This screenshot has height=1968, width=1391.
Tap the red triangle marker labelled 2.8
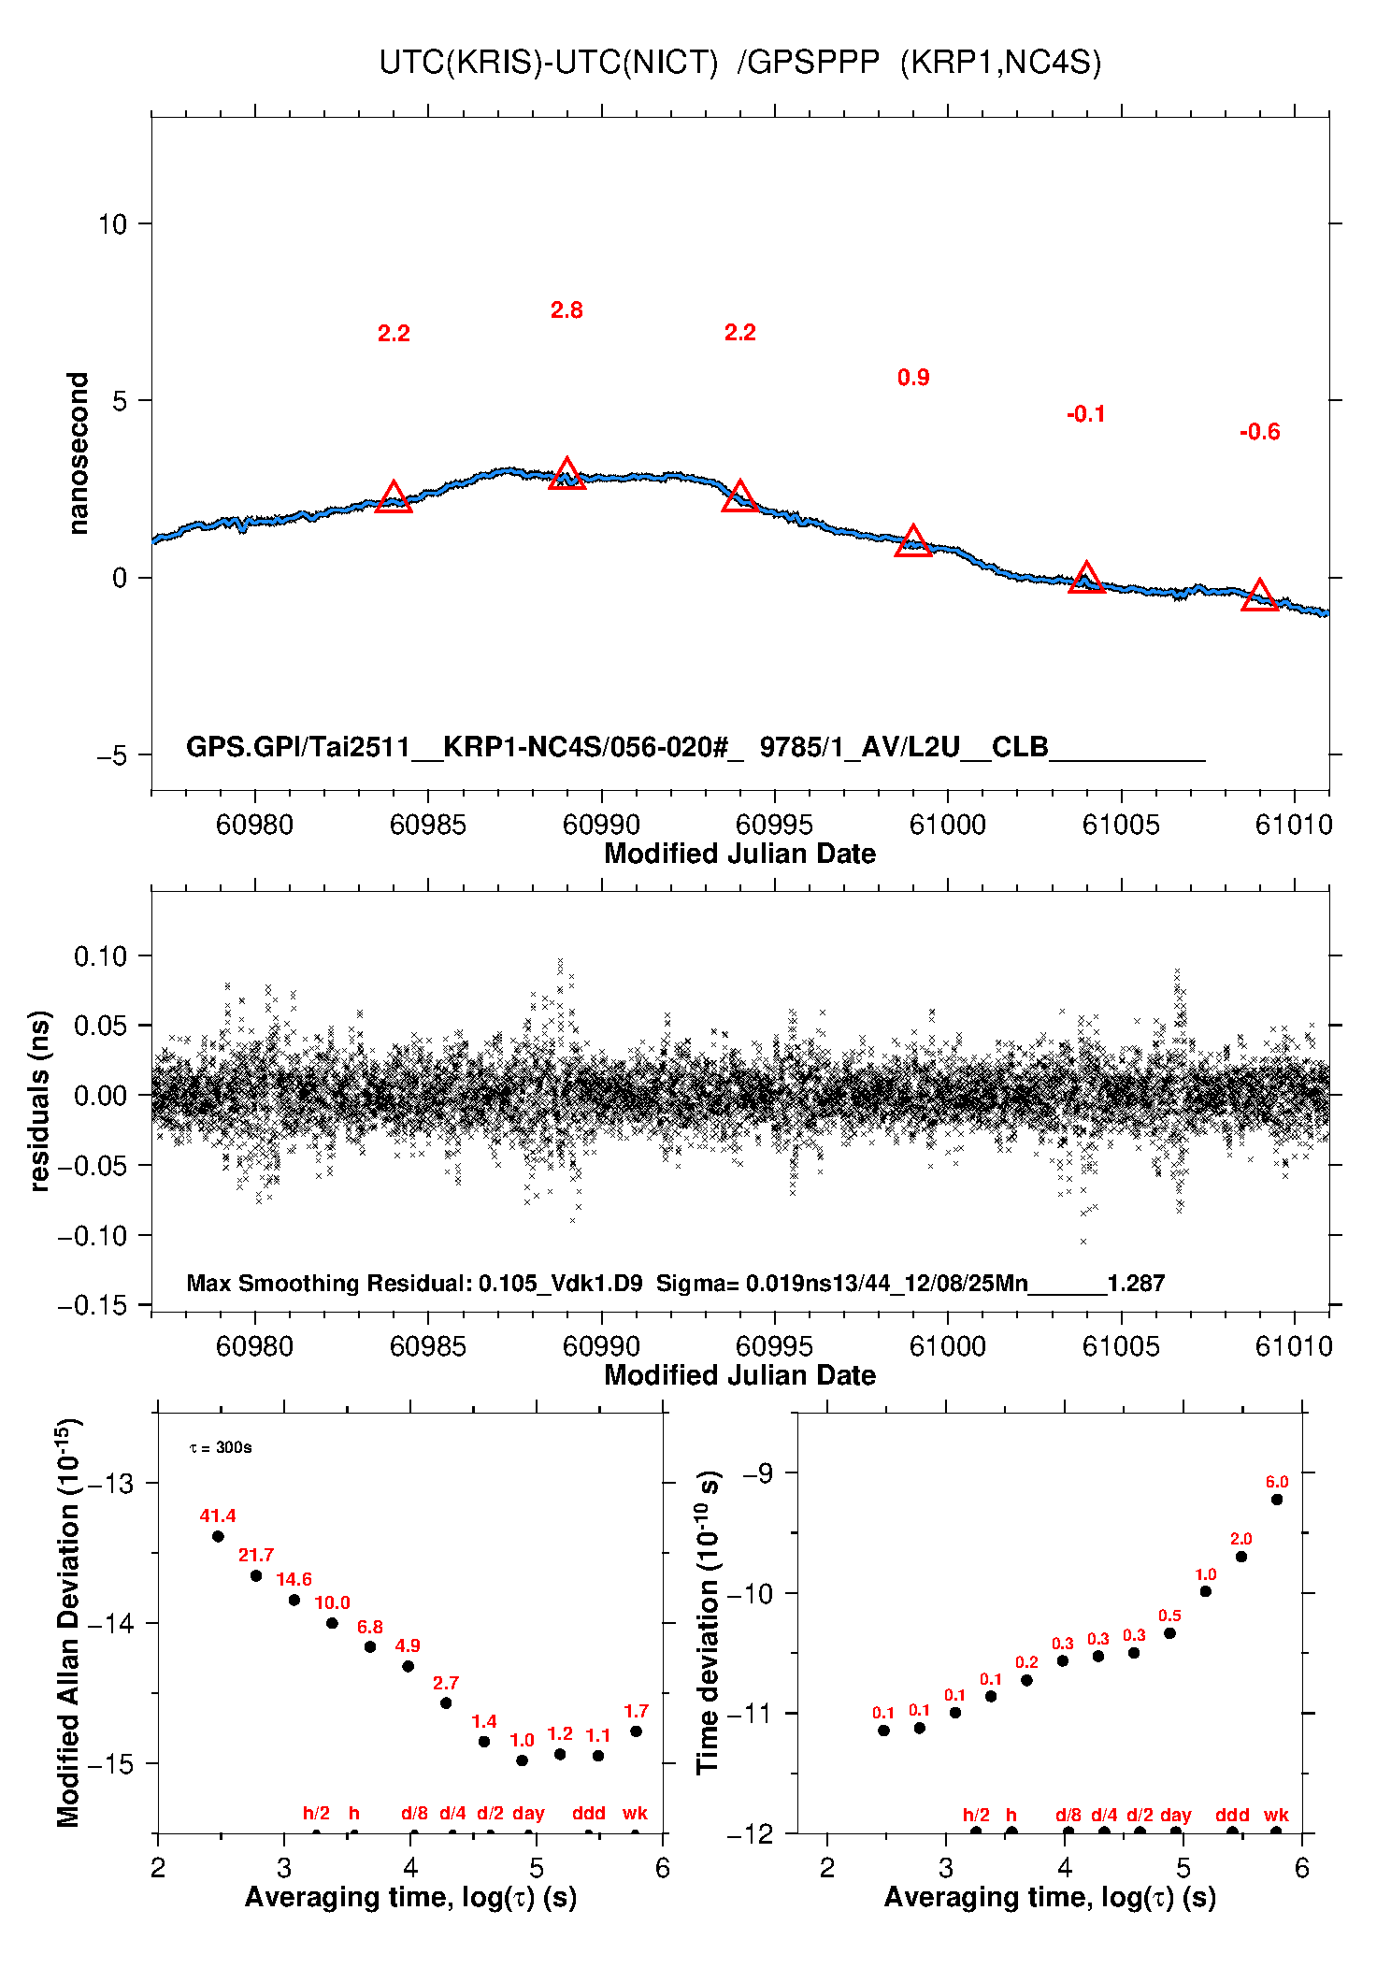(566, 474)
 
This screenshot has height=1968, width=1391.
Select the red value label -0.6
(1259, 432)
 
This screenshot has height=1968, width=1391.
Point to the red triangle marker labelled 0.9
(913, 541)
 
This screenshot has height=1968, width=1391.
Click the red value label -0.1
(1086, 414)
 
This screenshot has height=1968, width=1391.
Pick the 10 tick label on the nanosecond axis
(112, 224)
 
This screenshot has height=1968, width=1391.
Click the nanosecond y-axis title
(78, 453)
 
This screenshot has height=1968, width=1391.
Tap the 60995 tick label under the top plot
(774, 825)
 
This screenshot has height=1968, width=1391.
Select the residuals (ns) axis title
(39, 1100)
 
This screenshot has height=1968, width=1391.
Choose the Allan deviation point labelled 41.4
(218, 1536)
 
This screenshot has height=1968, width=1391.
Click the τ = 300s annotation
(221, 1448)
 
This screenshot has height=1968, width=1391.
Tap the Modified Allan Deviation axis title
(68, 1623)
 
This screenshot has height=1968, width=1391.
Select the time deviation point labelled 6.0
(1277, 1500)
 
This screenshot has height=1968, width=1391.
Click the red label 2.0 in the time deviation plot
(1240, 1539)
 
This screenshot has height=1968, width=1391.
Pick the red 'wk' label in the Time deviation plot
(1276, 1815)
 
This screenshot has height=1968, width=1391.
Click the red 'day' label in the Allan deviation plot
(528, 1813)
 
